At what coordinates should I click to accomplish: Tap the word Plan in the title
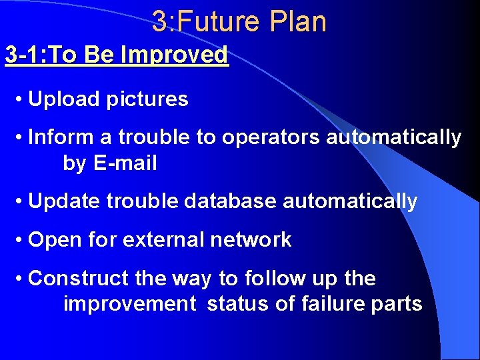coord(298,21)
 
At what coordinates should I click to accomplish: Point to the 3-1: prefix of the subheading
coord(24,55)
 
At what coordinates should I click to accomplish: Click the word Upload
coord(63,99)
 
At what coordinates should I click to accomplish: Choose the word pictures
coord(147,99)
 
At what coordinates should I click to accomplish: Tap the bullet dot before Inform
coord(21,138)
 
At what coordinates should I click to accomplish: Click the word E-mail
coord(126,163)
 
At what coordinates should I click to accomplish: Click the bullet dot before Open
coord(21,240)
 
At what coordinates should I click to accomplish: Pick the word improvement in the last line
coord(129,304)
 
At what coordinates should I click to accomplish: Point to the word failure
coord(333,304)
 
